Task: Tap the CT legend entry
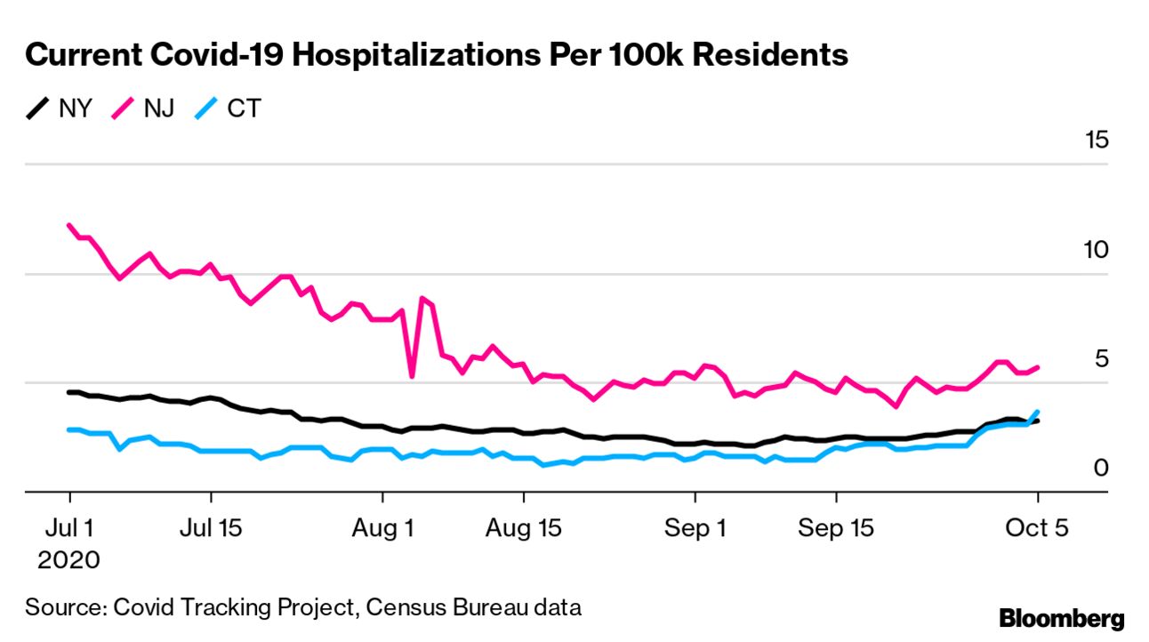coord(228,109)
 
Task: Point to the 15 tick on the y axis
coord(1095,140)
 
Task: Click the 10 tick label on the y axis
coord(1095,250)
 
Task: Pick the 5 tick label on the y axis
coord(1101,359)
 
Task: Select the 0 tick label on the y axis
coord(1101,469)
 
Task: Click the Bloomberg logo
coord(1061,619)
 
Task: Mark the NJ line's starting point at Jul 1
coord(69,225)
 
